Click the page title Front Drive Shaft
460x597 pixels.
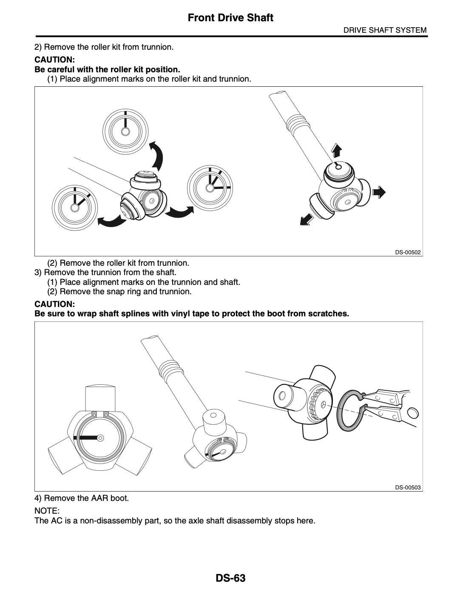click(x=230, y=18)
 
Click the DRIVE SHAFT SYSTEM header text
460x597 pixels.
click(x=385, y=30)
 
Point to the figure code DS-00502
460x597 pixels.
click(x=408, y=252)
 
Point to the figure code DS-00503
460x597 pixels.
click(x=408, y=487)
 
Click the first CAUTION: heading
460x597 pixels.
click(x=54, y=60)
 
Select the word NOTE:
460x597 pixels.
click(x=47, y=511)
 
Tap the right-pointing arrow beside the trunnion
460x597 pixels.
click(x=379, y=192)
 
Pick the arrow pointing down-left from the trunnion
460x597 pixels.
click(x=307, y=220)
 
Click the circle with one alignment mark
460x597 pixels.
click(x=125, y=131)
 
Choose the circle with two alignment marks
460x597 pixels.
click(x=75, y=208)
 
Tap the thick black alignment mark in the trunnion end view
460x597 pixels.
click(x=86, y=438)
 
